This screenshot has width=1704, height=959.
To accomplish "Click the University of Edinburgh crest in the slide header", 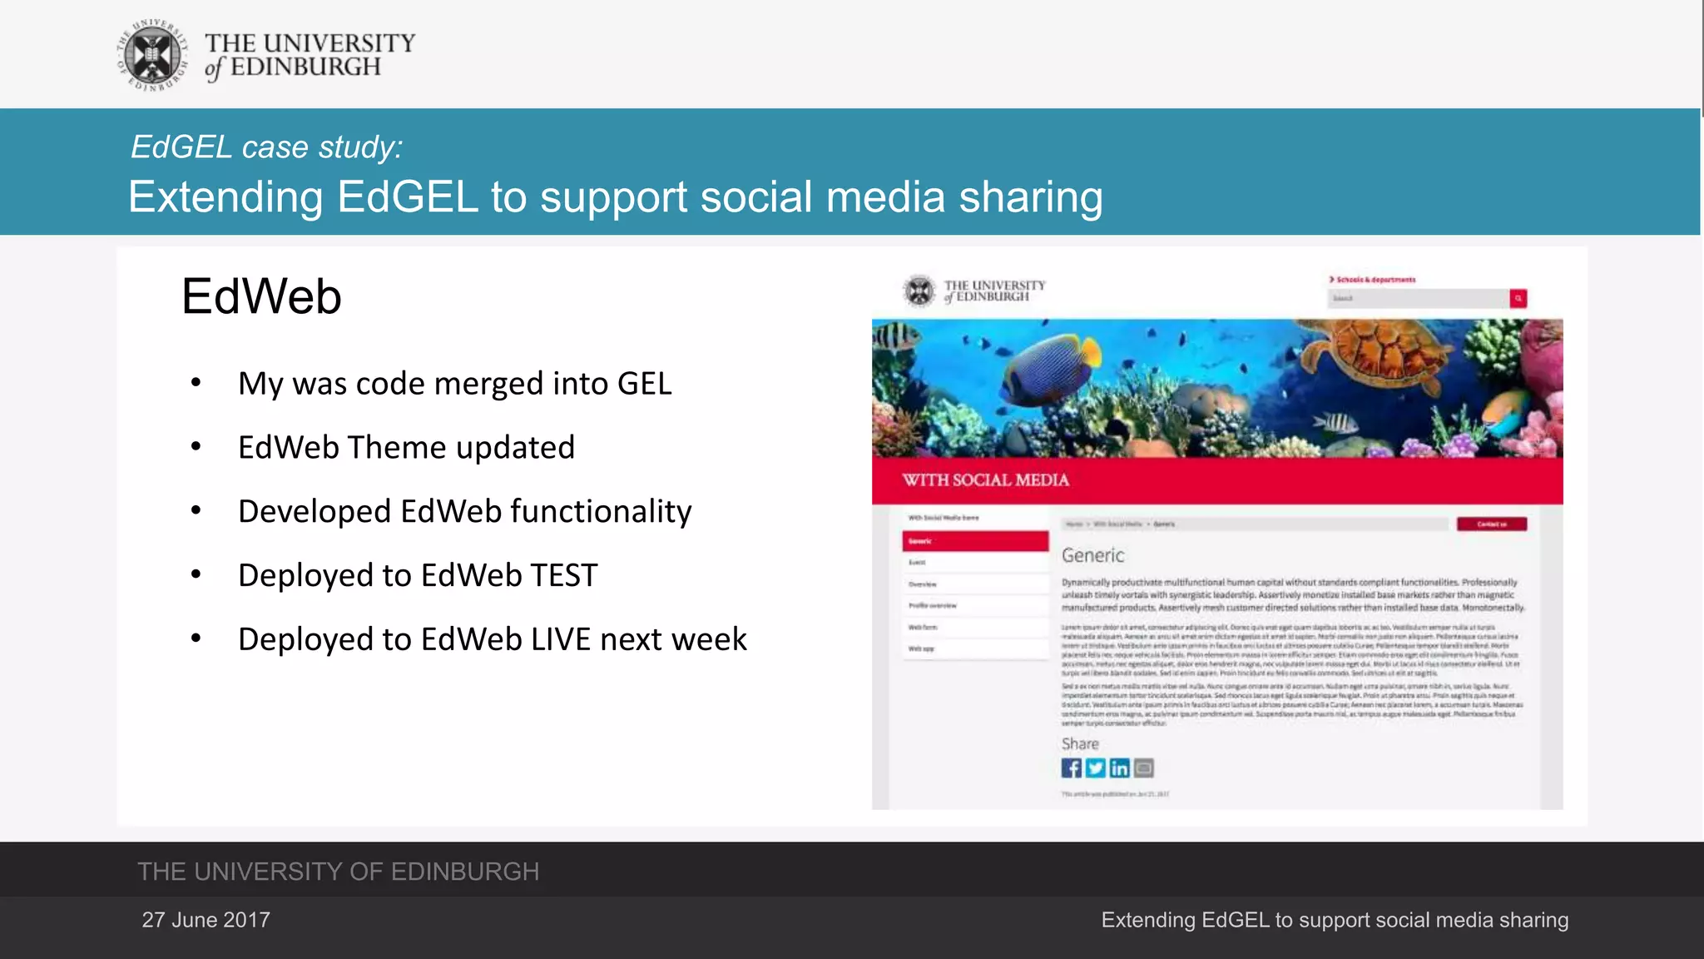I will pyautogui.click(x=152, y=55).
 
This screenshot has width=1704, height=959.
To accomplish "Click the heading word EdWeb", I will pyautogui.click(x=261, y=296).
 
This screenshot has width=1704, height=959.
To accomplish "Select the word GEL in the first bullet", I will pyautogui.click(x=644, y=384).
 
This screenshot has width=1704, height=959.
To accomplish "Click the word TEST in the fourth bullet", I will pyautogui.click(x=563, y=576).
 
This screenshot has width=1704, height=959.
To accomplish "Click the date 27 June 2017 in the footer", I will pyautogui.click(x=206, y=920).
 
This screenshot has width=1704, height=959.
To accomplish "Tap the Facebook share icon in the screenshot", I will pyautogui.click(x=1071, y=768).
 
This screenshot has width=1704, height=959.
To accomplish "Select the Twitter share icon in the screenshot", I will pyautogui.click(x=1095, y=768).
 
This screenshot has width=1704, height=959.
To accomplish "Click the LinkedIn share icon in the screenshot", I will pyautogui.click(x=1119, y=768).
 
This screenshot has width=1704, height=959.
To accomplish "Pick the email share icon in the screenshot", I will pyautogui.click(x=1144, y=768).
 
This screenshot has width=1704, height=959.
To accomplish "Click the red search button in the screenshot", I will pyautogui.click(x=1518, y=298).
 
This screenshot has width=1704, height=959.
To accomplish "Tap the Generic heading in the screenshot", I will pyautogui.click(x=1092, y=555).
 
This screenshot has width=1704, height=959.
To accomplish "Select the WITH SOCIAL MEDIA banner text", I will pyautogui.click(x=986, y=480).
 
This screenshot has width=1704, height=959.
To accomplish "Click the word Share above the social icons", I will pyautogui.click(x=1080, y=744).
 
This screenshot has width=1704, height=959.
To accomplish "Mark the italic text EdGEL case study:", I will pyautogui.click(x=266, y=147).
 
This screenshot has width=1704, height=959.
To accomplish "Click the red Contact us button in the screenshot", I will pyautogui.click(x=1491, y=524).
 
